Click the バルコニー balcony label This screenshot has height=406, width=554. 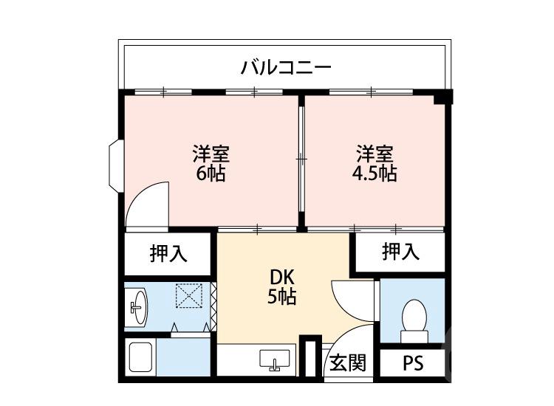[x=286, y=69]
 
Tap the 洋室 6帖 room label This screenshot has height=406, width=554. [x=211, y=164]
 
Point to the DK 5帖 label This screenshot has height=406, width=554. [x=282, y=286]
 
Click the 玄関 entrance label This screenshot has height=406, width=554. [x=347, y=363]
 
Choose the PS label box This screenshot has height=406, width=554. [x=413, y=364]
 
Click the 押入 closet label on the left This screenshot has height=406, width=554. [x=168, y=254]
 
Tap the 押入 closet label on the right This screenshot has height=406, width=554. [x=400, y=252]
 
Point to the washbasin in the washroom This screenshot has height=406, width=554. [x=137, y=305]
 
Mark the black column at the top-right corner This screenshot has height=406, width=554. [x=443, y=97]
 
